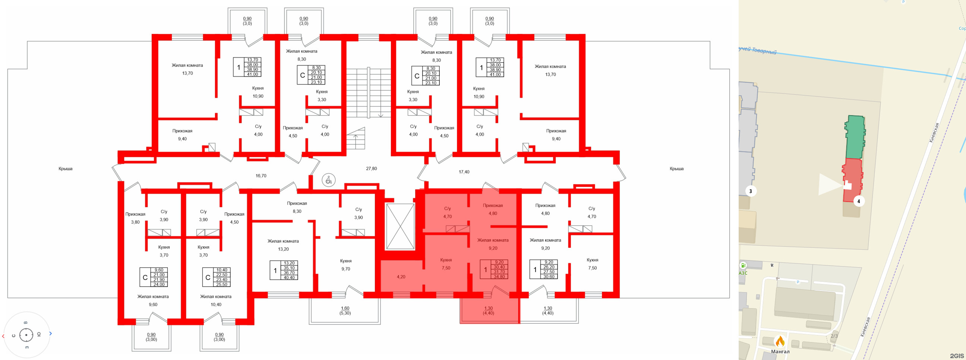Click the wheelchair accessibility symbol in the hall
[328, 180]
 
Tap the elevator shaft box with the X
[400, 226]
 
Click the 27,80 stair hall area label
[371, 169]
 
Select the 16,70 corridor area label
[261, 176]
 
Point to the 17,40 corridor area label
[464, 172]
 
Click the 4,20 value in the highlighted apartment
[401, 277]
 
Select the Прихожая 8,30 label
[297, 207]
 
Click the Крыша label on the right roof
[676, 169]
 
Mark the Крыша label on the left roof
[65, 169]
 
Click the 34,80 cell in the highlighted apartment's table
[499, 277]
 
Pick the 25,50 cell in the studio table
[221, 285]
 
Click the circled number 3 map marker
[750, 191]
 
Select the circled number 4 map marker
[858, 201]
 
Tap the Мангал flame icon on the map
[780, 342]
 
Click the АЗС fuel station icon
[743, 265]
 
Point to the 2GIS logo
[957, 356]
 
